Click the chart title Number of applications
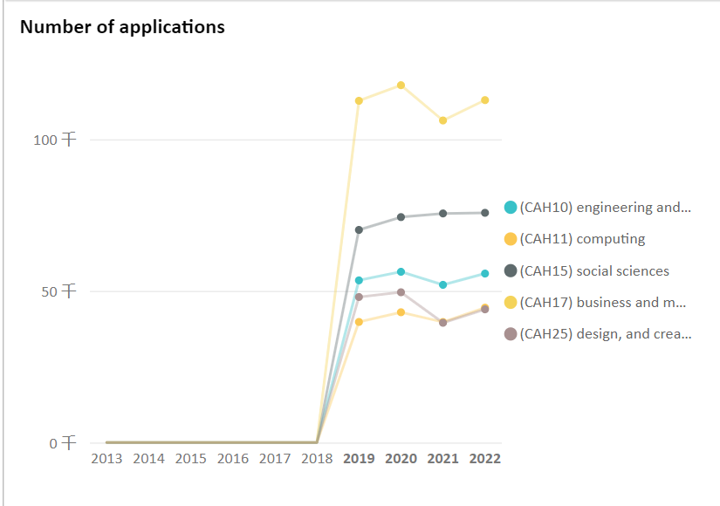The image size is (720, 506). [x=122, y=27]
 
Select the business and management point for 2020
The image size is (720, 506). [x=401, y=85]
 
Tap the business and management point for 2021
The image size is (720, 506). [x=443, y=120]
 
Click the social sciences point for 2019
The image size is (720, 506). [x=359, y=229]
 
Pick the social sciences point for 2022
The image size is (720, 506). [x=485, y=213]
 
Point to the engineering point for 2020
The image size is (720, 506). [x=401, y=272]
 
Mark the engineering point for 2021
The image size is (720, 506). [x=443, y=284]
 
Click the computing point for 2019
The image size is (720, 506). [x=359, y=322]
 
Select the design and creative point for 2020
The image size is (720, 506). [x=401, y=292]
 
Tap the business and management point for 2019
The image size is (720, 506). [x=359, y=101]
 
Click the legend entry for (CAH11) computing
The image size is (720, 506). [x=582, y=239]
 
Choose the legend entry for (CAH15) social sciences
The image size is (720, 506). [x=594, y=271]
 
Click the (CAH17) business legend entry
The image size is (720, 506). [x=602, y=303]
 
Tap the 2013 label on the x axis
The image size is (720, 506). [x=107, y=459]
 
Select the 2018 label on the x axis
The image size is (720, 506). [x=317, y=459]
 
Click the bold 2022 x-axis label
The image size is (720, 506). [x=485, y=459]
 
